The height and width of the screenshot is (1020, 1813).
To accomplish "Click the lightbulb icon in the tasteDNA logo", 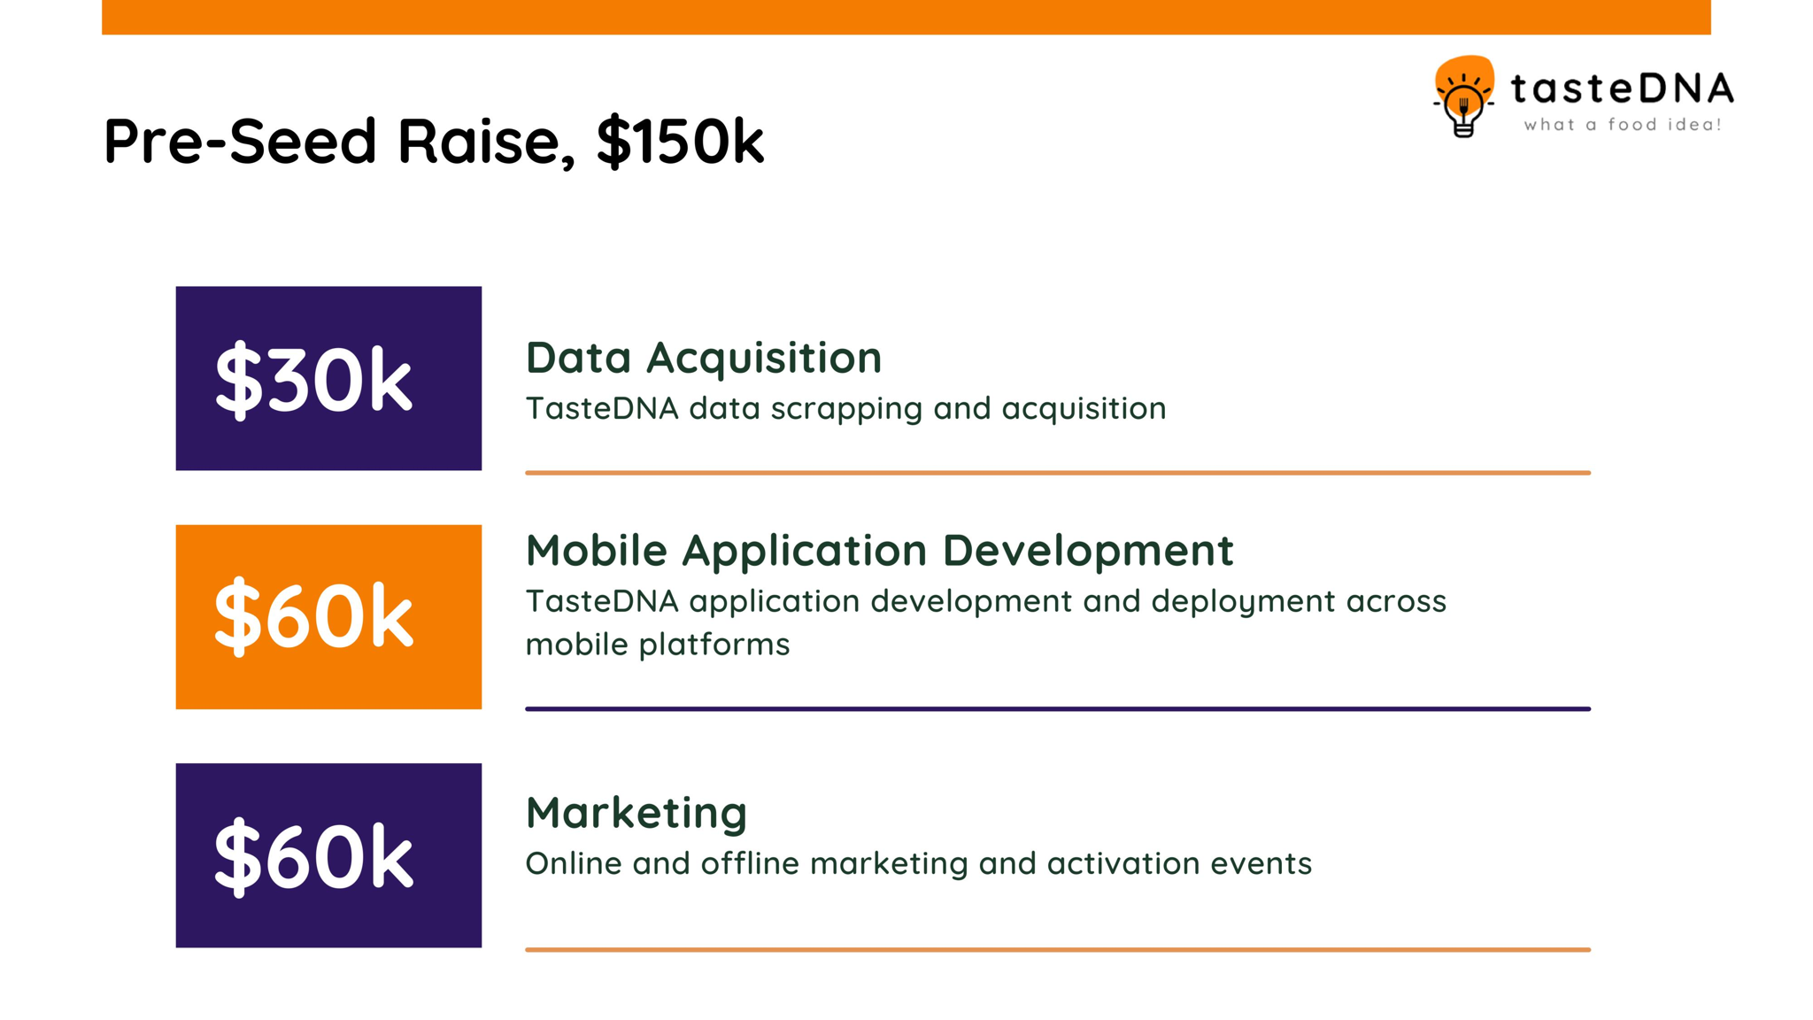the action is [1463, 97].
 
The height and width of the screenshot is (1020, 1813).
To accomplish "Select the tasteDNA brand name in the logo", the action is [1622, 89].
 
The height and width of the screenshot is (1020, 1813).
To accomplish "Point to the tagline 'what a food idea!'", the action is [1623, 125].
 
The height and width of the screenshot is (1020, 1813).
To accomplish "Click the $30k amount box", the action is [328, 378].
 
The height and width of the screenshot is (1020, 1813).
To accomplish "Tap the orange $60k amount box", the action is [328, 617].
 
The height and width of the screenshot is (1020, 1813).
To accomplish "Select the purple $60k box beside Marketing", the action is [328, 855].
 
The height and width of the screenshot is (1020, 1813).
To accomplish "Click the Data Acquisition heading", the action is [704, 359].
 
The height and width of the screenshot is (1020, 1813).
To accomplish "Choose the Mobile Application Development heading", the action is [879, 551].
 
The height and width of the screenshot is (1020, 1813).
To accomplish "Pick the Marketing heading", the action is [636, 813].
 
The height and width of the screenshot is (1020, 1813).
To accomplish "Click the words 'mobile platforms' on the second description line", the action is [658, 645].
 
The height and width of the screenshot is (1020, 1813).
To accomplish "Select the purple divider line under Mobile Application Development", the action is [1058, 708].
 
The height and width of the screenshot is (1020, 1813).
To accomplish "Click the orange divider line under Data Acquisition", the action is [1058, 473].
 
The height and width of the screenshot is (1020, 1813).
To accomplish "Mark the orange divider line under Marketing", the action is [1058, 949].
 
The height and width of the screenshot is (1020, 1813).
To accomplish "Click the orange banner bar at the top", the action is [906, 17].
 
